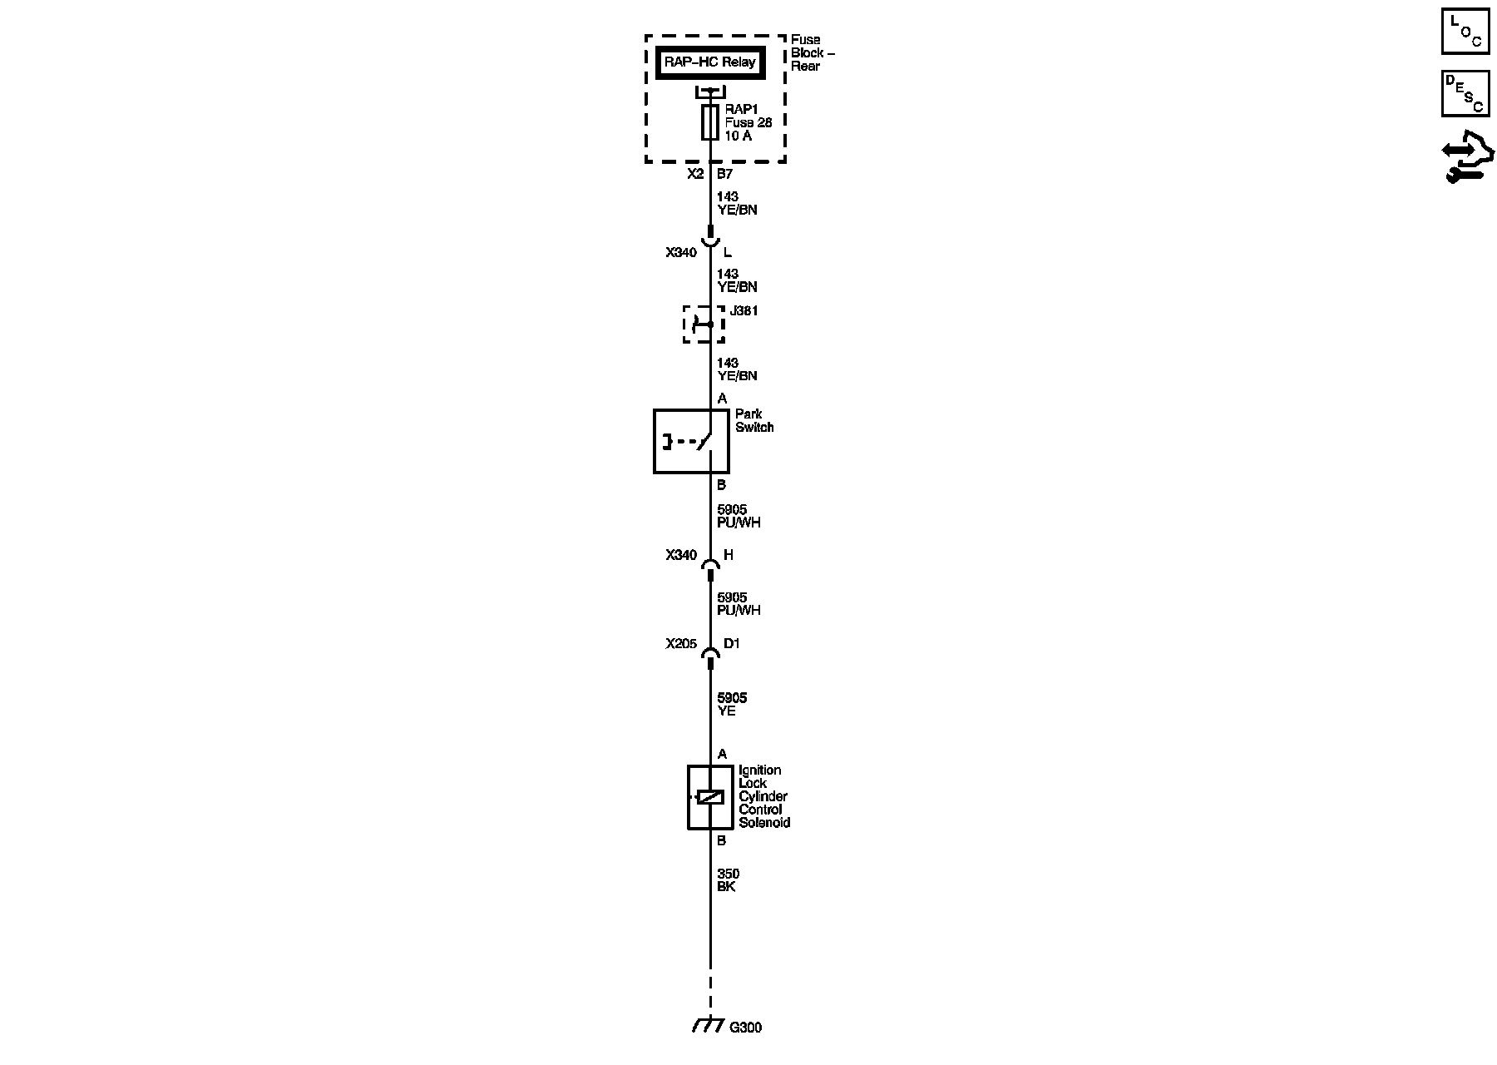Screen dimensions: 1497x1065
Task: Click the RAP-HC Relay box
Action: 709,62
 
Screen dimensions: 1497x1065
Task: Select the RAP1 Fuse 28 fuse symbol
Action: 710,122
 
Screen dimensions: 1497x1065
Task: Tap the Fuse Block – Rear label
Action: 811,52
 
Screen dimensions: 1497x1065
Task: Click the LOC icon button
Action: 1465,32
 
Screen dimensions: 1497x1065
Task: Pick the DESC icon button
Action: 1465,93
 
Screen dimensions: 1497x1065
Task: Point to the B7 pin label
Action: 725,174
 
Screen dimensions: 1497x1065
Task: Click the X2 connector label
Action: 695,174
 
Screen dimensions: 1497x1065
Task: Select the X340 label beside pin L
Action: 681,252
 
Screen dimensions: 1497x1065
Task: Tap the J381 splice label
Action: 744,311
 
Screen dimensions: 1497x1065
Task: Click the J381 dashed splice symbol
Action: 703,324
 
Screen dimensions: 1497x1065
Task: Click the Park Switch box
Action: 691,441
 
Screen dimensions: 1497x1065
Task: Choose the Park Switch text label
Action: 753,420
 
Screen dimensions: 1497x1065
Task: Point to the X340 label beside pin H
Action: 681,555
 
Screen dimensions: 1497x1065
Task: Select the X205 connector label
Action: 681,643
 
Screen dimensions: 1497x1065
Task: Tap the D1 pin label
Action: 732,643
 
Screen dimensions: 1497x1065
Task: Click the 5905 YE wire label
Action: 732,704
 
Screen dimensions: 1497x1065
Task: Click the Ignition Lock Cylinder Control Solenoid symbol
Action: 709,796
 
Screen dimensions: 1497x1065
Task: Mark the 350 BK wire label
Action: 728,879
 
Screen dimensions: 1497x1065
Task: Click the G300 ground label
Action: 745,1028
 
